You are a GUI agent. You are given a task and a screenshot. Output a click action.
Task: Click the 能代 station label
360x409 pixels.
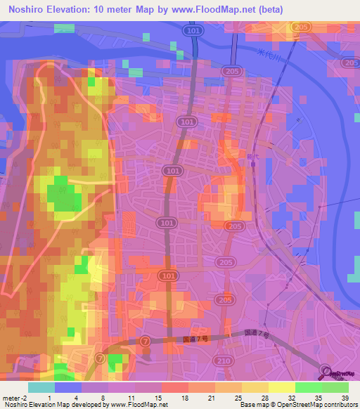(x=252, y=160)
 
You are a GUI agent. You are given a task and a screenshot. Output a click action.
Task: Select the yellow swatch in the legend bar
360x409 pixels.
(x=281, y=387)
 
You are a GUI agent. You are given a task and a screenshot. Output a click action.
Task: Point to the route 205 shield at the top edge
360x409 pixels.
(x=302, y=27)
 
